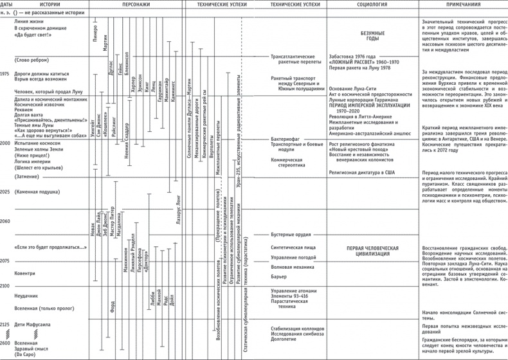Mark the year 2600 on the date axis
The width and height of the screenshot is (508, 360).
click(x=6, y=344)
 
